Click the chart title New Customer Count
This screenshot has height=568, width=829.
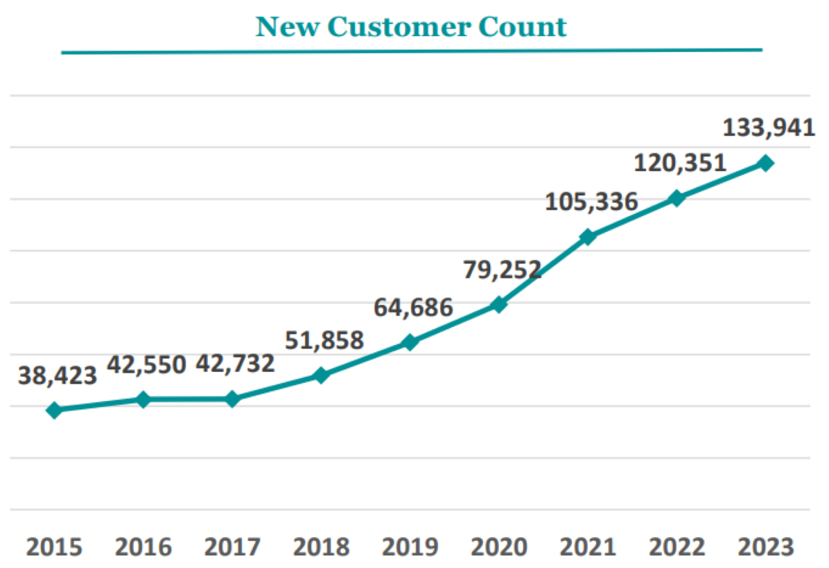coord(411,27)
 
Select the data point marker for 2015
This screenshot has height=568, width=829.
coord(54,410)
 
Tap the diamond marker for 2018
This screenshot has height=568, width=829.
coord(321,375)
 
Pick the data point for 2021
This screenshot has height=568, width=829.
coord(588,237)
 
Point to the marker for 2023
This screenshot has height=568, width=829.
coord(765,163)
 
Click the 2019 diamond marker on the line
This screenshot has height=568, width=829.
coord(410,342)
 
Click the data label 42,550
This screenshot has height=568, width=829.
coord(146,364)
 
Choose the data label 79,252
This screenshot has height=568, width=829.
coord(501,269)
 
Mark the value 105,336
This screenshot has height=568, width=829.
coord(591,202)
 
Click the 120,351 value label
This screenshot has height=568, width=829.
coord(680,163)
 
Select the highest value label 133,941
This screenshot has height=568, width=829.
coord(768,127)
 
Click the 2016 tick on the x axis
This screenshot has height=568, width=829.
coord(143,547)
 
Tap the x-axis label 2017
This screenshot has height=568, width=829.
coord(232,547)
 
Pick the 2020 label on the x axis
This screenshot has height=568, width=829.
coord(499,547)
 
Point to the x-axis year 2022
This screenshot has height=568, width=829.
coord(677,547)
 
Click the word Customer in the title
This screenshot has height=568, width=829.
coord(410,27)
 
